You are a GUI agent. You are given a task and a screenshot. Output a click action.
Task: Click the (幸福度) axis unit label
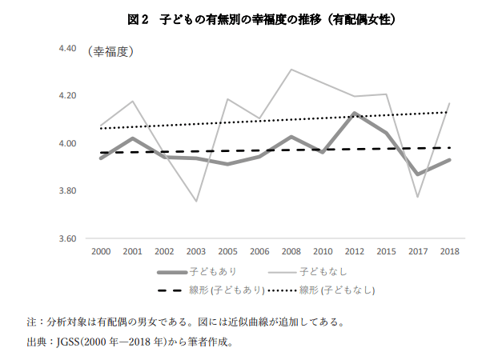pos(110,53)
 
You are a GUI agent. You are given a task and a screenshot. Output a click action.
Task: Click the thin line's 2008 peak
pos(291,70)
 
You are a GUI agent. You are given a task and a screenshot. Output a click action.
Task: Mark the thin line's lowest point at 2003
pos(196,201)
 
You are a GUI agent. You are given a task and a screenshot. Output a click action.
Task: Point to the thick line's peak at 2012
pos(354,114)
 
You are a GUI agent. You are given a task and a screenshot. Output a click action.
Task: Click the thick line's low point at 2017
pos(417,174)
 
